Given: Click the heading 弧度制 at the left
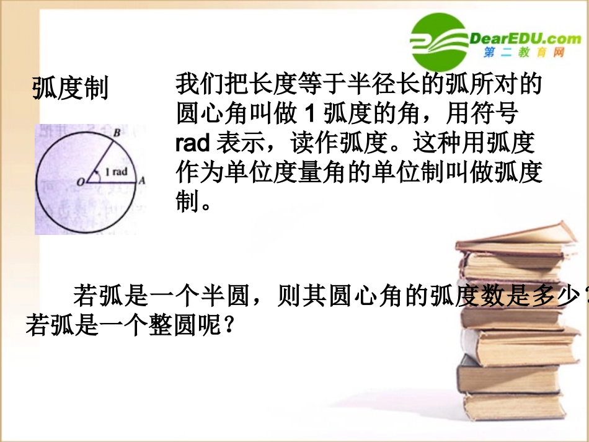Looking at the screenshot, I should (70, 88).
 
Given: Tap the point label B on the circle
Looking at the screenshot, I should (117, 131).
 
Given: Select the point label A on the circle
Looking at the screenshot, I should (141, 181).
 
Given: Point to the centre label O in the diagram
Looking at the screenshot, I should (79, 182).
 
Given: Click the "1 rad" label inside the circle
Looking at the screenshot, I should (115, 172).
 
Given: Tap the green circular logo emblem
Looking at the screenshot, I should (438, 42).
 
